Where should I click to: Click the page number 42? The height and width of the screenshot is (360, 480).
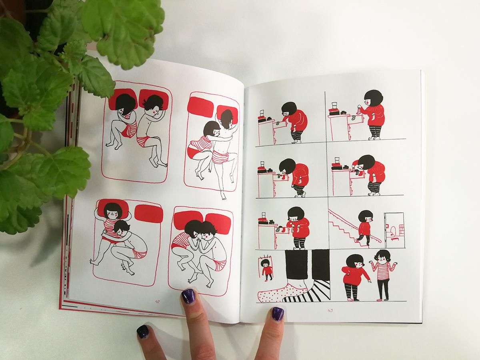157,302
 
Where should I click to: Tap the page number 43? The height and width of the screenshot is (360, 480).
330,310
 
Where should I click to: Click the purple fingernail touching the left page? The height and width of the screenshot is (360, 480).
188,296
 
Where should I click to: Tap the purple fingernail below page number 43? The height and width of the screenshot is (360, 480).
278,314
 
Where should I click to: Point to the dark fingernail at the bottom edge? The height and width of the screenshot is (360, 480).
142,331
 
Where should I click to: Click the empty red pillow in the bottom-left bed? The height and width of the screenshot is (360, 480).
149,214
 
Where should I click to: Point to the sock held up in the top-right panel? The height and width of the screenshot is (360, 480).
359,110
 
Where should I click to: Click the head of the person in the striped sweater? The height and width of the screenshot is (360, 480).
382,257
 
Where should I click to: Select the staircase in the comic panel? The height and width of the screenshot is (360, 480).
352,228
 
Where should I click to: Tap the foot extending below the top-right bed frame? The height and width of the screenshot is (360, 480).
223,195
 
